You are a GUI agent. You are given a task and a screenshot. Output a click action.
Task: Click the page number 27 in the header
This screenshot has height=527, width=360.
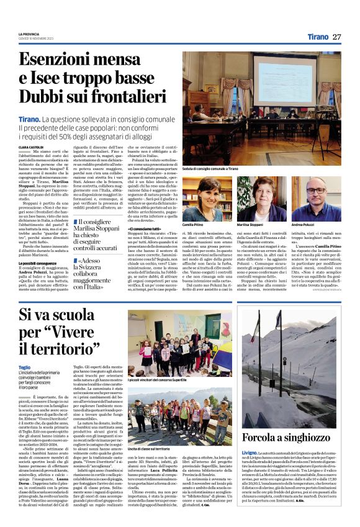point(337,37)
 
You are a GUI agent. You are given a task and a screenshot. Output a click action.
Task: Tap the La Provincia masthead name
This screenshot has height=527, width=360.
point(29,33)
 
